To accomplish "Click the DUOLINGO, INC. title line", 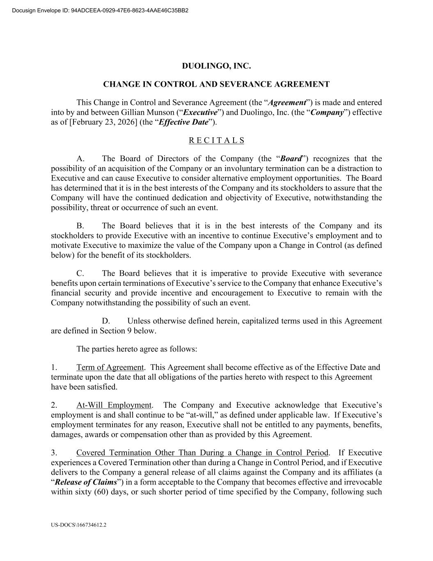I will click(216, 66).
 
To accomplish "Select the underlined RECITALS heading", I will click(216, 141).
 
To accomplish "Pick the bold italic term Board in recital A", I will click(291, 159).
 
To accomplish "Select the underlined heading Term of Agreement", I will click(110, 367).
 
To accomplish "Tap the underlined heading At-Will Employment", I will click(114, 405).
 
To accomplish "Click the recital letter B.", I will click(80, 226).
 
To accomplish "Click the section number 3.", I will click(54, 453).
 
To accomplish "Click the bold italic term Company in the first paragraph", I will click(327, 113).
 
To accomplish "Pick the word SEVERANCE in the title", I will click(245, 85).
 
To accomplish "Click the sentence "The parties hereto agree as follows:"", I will click(137, 349).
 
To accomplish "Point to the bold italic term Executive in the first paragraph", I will click(200, 113).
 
